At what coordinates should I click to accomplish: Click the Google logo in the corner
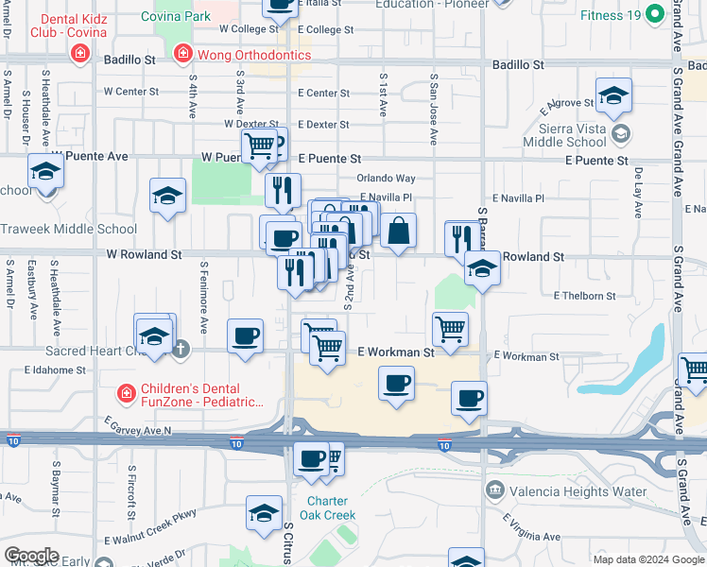click(30, 556)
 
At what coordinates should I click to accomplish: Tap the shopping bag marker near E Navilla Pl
click(400, 230)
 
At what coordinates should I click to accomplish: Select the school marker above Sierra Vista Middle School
click(613, 96)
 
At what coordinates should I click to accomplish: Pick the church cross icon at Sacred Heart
click(182, 350)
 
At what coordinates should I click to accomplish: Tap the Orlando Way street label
click(386, 178)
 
